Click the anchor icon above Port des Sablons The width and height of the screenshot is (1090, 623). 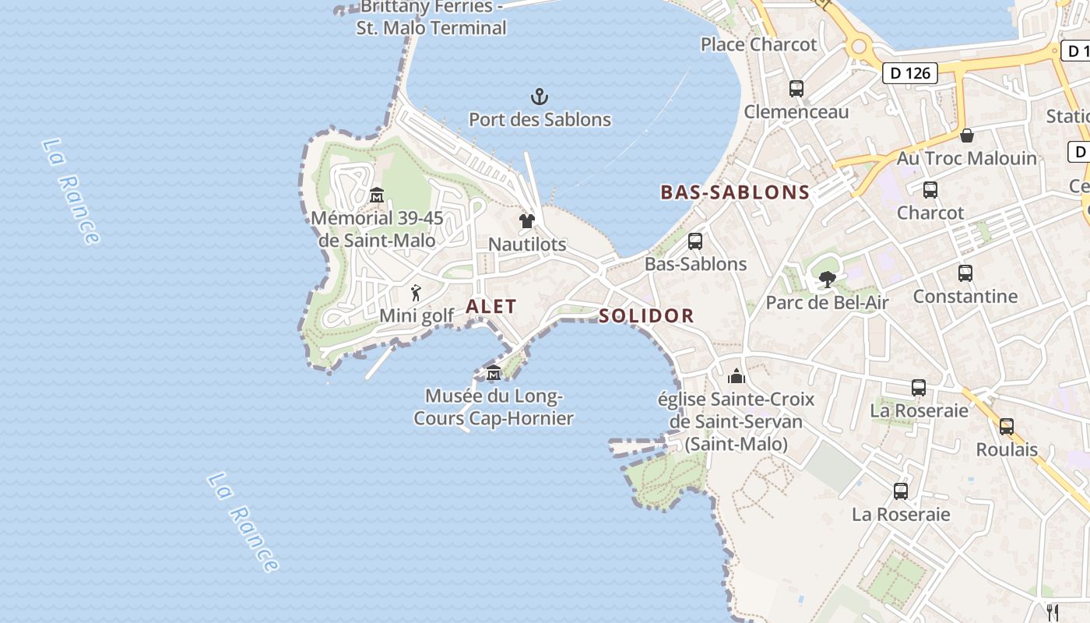[x=540, y=97]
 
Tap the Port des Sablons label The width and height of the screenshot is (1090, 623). [x=540, y=120]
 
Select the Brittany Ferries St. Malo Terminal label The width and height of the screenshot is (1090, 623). [x=431, y=18]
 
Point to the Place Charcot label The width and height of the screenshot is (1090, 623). [x=758, y=44]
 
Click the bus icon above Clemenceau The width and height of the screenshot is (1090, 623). [x=796, y=89]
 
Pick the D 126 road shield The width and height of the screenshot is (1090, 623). [x=909, y=73]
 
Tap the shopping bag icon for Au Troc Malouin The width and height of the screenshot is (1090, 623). [x=966, y=136]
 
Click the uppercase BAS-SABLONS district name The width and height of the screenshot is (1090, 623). [x=735, y=192]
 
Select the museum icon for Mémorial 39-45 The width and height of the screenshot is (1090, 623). [x=377, y=195]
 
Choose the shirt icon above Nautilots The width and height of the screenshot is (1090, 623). [x=527, y=221]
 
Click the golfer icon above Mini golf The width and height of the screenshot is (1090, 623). [x=416, y=293]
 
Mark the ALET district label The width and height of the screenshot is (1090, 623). [x=491, y=307]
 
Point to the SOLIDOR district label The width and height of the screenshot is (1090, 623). [x=646, y=315]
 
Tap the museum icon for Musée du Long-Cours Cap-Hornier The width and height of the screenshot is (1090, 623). [x=494, y=374]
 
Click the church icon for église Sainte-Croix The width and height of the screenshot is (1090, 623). [x=736, y=377]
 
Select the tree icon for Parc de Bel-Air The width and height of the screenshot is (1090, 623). [x=827, y=279]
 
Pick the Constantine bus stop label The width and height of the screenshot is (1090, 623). [x=965, y=297]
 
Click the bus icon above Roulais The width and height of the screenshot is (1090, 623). [x=1006, y=426]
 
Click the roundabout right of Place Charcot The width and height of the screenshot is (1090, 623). [x=859, y=46]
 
